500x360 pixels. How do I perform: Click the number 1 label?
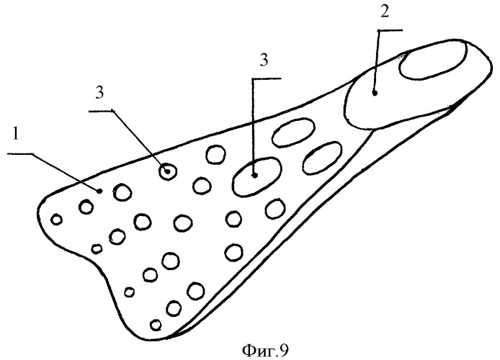(16, 135)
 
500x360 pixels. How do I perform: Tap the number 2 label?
(385, 12)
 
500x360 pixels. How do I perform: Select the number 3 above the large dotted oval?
(264, 60)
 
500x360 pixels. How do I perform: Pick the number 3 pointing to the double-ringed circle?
(100, 94)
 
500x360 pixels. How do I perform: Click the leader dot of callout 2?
(375, 93)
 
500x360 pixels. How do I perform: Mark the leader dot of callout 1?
(99, 191)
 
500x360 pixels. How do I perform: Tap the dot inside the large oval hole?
(254, 175)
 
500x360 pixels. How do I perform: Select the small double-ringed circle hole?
(168, 172)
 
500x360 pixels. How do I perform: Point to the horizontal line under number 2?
(390, 30)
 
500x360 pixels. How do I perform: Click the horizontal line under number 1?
(20, 154)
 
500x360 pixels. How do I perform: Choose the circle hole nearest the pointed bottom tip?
(156, 325)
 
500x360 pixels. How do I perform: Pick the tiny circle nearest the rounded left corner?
(57, 220)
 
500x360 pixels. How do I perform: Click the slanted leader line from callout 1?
(66, 172)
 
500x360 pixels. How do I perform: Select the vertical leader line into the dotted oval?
(253, 127)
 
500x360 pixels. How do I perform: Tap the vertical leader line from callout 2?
(377, 62)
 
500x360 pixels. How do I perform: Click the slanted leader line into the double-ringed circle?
(140, 141)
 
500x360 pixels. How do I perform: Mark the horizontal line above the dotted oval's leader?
(267, 78)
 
